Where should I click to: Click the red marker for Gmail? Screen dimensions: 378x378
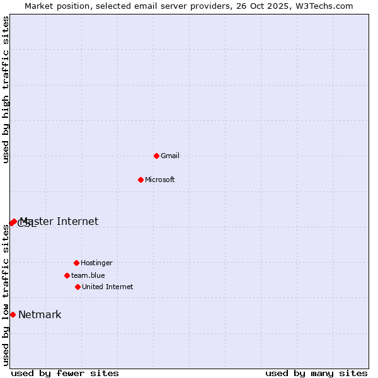[156, 156]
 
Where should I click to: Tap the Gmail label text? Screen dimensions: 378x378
[170, 156]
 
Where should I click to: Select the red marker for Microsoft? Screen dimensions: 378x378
[140, 180]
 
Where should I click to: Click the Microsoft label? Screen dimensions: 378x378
[160, 180]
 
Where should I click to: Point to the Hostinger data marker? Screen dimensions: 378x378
[76, 263]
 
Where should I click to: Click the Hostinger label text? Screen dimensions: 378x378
[96, 263]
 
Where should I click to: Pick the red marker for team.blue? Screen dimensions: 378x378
[67, 275]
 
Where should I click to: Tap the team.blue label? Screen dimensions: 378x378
[88, 276]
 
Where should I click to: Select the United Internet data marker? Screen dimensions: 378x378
[77, 287]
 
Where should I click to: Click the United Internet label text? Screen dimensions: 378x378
[108, 287]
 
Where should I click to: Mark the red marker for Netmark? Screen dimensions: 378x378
[13, 314]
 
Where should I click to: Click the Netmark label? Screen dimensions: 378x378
[40, 315]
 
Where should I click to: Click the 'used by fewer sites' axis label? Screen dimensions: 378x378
[65, 373]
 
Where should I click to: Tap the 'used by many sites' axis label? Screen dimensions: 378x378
[316, 373]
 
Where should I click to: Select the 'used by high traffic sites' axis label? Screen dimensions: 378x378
[6, 89]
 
